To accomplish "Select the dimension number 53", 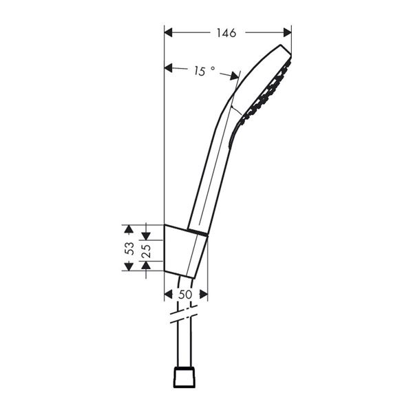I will (x=128, y=248).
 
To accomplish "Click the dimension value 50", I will (x=185, y=294).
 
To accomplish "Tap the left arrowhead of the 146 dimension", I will (x=169, y=32).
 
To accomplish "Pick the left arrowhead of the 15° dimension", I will (x=169, y=67).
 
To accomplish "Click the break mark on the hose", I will (x=184, y=319).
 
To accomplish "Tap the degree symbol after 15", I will (x=213, y=68).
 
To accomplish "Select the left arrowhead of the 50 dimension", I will (x=169, y=294).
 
